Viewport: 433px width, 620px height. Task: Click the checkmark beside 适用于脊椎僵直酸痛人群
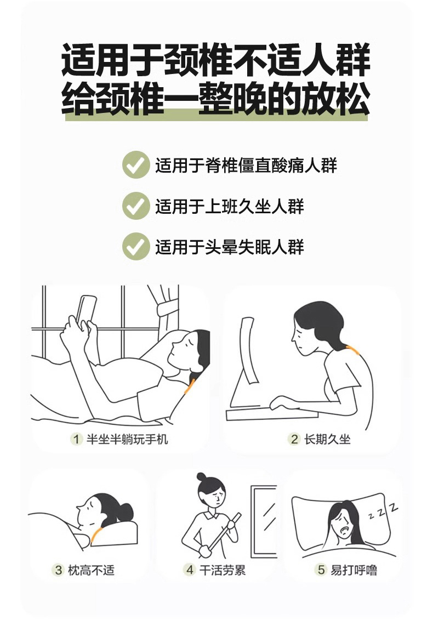click(x=135, y=165)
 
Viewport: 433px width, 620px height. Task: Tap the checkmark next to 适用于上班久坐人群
click(x=135, y=206)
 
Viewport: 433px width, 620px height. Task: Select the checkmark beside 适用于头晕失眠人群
click(x=135, y=247)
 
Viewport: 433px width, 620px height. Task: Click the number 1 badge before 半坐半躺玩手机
click(x=76, y=439)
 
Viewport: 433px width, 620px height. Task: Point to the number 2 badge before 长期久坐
click(x=294, y=439)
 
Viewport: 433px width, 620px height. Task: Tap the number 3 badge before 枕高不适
click(x=59, y=570)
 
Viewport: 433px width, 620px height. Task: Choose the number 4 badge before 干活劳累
click(x=190, y=570)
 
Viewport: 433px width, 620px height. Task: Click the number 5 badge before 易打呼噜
click(x=321, y=570)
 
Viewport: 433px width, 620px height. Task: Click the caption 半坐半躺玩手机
click(x=127, y=439)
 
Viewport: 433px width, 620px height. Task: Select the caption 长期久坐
click(x=327, y=439)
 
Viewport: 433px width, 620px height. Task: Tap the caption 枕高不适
click(x=92, y=570)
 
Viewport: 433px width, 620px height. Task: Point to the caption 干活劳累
click(x=223, y=570)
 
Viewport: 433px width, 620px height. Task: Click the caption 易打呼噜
click(x=354, y=570)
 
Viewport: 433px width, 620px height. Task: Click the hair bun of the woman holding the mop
click(x=202, y=476)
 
